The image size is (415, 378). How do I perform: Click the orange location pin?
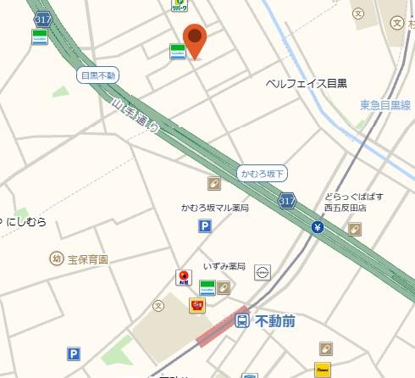pyautogui.click(x=196, y=39)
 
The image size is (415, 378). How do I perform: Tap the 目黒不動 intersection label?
pyautogui.click(x=97, y=75)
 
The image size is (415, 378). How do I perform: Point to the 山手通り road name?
pyautogui.click(x=136, y=118)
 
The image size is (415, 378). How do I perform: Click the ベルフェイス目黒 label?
pyautogui.click(x=306, y=83)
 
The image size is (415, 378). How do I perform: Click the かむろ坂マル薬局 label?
pyautogui.click(x=215, y=208)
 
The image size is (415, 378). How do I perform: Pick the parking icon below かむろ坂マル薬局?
pyautogui.click(x=205, y=226)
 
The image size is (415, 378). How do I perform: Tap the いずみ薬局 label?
pyautogui.click(x=224, y=267)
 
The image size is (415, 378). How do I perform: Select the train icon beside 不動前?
pyautogui.click(x=242, y=321)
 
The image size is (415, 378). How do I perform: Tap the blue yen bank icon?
pyautogui.click(x=317, y=227)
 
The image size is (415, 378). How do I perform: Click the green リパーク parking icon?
pyautogui.click(x=179, y=4)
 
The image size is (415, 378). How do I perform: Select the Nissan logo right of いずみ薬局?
pyautogui.click(x=263, y=273)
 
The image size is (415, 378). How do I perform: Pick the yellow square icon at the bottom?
pyautogui.click(x=322, y=370)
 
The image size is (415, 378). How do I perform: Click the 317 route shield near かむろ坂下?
pyautogui.click(x=286, y=200)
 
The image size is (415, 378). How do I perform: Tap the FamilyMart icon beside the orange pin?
pyautogui.click(x=177, y=51)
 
